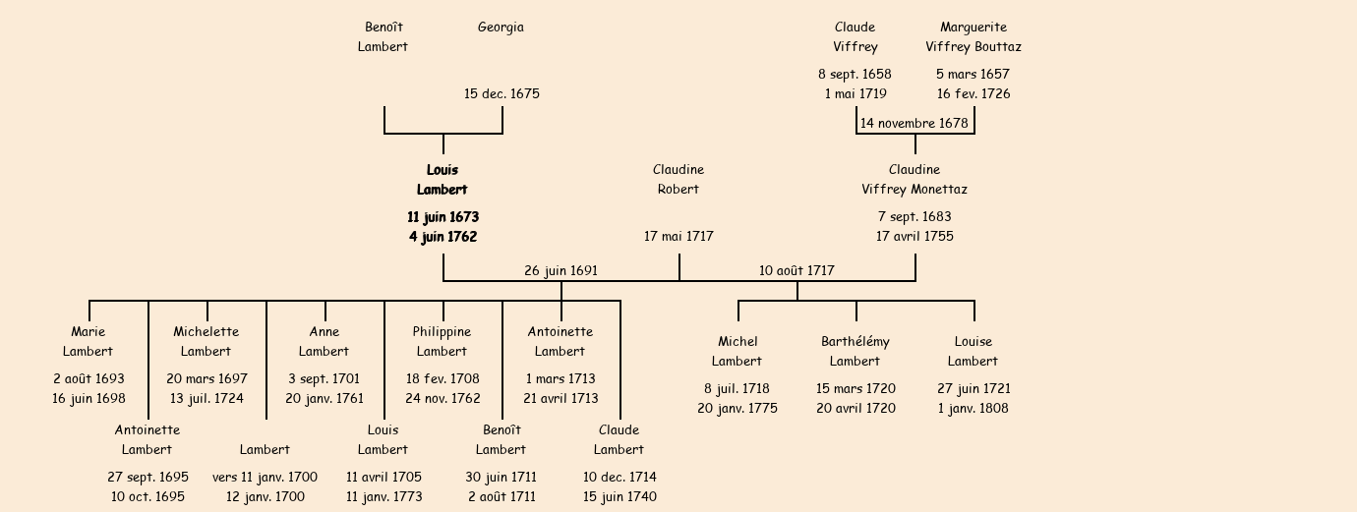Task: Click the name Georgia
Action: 501,28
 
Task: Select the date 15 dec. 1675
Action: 501,94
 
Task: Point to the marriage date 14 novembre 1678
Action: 914,124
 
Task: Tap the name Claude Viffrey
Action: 855,37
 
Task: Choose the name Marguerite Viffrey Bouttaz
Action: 973,37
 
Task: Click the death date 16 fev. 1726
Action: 973,94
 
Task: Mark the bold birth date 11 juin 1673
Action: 442,216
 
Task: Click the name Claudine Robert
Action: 678,180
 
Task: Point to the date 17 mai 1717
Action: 678,237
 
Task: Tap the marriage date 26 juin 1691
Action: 560,271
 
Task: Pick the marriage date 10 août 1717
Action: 796,271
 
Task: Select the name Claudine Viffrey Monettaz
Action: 914,180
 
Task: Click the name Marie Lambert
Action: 88,342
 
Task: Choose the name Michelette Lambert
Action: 206,342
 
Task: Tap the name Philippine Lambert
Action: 442,342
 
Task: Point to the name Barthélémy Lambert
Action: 855,352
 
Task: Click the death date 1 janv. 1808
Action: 973,409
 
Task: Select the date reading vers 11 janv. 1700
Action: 265,478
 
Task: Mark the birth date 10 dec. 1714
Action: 619,478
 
